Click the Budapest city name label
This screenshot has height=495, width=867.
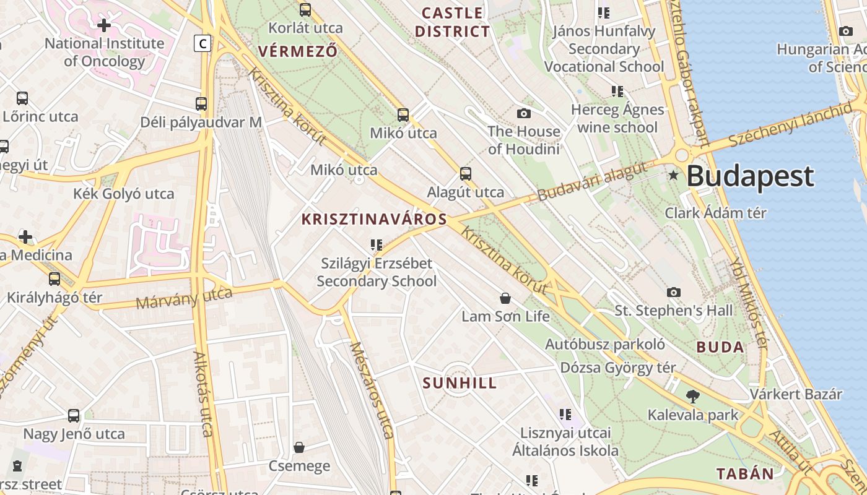750,176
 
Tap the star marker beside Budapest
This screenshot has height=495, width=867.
674,176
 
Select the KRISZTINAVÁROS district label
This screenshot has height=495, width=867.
374,219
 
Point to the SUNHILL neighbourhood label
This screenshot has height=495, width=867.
460,383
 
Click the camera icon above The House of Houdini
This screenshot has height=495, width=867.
524,113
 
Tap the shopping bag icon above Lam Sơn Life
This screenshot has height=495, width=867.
505,298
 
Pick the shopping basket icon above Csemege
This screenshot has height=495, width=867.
299,447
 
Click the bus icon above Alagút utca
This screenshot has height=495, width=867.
465,174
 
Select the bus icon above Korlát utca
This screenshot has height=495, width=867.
305,9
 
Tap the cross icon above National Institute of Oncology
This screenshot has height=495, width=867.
104,25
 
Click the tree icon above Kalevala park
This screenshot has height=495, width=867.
693,397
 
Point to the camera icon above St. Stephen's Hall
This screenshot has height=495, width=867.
674,292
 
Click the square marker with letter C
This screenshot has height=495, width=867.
203,43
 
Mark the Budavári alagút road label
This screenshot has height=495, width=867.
592,181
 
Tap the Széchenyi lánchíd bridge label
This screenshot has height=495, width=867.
790,125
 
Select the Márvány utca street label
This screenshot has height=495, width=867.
184,298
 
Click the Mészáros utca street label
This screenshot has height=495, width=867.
372,390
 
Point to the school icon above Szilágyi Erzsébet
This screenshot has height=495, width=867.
376,245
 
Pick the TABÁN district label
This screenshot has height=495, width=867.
745,474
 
